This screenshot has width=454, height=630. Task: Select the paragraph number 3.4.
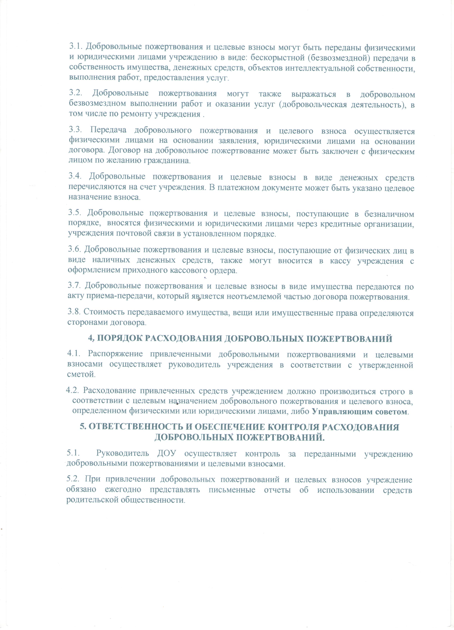75,176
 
